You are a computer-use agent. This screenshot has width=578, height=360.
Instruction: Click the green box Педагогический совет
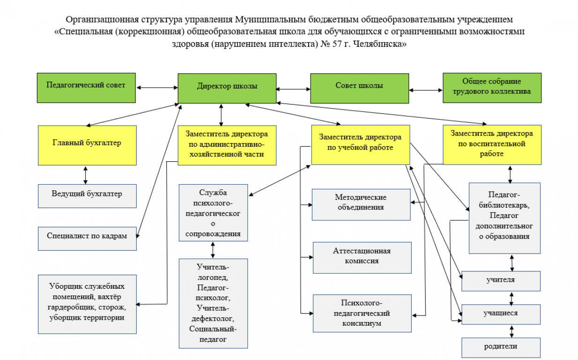[x=87, y=88]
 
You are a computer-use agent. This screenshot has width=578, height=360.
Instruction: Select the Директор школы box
[x=227, y=88]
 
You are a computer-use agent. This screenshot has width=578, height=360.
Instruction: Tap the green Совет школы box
[x=359, y=88]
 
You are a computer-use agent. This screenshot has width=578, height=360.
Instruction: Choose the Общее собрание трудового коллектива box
[x=492, y=88]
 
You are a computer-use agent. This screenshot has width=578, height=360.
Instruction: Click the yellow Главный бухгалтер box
[x=87, y=145]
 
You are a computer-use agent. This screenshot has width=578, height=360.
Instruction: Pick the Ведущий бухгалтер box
[x=87, y=195]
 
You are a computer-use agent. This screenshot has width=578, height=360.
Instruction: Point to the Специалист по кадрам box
[x=87, y=238]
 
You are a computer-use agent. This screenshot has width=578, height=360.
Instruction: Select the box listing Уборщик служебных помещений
[x=87, y=304]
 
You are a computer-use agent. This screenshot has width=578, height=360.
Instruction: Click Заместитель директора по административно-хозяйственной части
[x=227, y=145]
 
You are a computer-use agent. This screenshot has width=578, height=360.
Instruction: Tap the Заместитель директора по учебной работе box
[x=360, y=145]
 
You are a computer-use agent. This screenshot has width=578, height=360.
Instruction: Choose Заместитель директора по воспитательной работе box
[x=492, y=145]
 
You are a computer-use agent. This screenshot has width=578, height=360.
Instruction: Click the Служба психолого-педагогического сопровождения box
[x=213, y=213]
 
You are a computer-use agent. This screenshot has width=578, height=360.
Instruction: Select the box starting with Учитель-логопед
[x=213, y=303]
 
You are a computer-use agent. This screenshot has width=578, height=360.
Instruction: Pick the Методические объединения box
[x=361, y=204]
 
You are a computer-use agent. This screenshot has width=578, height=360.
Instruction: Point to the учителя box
[x=501, y=281]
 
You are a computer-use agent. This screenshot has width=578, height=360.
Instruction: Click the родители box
[x=501, y=347]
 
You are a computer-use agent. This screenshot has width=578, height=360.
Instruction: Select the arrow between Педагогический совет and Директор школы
[x=157, y=87]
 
